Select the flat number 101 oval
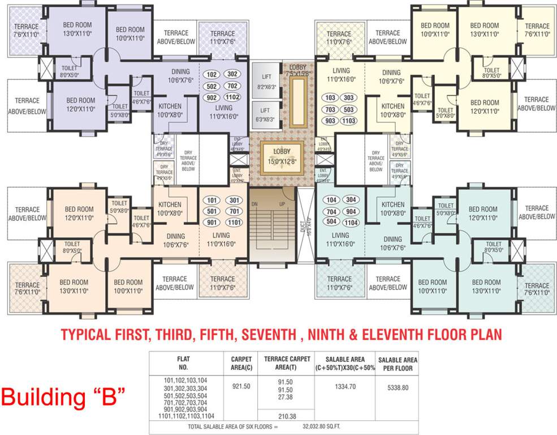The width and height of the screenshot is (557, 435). tap(213, 200)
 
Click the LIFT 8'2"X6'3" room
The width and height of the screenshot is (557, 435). tap(266, 82)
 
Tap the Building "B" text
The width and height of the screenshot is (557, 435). tap(63, 396)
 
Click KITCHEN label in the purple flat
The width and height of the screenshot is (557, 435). tap(170, 106)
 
